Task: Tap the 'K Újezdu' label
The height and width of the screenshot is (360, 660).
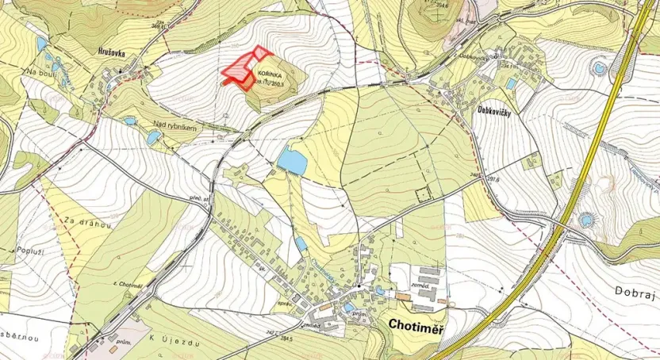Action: [172, 339]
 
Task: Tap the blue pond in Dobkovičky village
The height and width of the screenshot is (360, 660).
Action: [512, 83]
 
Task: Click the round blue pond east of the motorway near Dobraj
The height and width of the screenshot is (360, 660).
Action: [587, 219]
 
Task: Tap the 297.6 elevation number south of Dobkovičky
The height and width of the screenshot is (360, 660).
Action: [493, 180]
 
